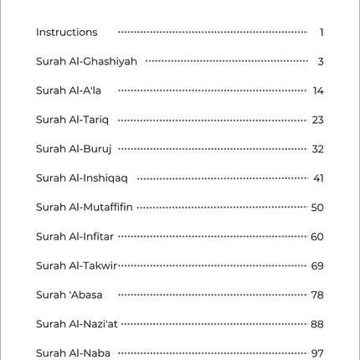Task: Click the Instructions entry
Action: point(66,33)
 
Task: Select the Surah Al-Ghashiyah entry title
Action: point(86,62)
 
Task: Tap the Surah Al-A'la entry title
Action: point(69,90)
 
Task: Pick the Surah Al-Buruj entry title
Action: point(74,149)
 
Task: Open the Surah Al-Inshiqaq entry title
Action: point(82,178)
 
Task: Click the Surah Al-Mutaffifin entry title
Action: point(85,207)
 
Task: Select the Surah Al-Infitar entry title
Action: point(75,236)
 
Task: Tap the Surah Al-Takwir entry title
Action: point(76,265)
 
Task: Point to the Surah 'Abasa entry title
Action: point(69,295)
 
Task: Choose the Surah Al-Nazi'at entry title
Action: point(77,324)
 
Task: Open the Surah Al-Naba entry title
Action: point(73,352)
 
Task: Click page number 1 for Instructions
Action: point(321,33)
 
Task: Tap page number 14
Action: point(318,90)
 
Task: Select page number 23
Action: point(317,120)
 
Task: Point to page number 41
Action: point(318,178)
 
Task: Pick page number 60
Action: point(317,236)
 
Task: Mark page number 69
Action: point(317,265)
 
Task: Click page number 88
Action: point(317,324)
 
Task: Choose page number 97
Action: point(317,352)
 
